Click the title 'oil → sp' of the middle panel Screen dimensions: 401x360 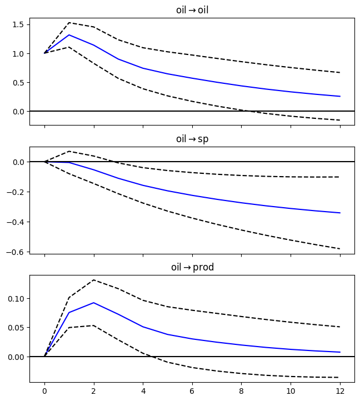coord(192,139)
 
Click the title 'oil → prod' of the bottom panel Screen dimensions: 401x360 coord(192,268)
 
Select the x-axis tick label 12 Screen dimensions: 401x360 coord(339,391)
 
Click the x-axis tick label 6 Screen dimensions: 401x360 coord(192,391)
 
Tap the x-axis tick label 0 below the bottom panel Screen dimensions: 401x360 coord(44,391)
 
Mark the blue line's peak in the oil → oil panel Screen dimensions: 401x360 coord(69,35)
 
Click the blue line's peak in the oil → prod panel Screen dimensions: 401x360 coord(94,303)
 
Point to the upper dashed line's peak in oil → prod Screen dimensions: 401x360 coord(94,280)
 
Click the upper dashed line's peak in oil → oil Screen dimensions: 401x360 coord(69,23)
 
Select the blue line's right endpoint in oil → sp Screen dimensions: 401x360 coord(339,213)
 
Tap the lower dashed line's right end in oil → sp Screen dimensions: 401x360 coord(339,249)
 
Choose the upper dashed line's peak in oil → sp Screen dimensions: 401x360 coord(69,151)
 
